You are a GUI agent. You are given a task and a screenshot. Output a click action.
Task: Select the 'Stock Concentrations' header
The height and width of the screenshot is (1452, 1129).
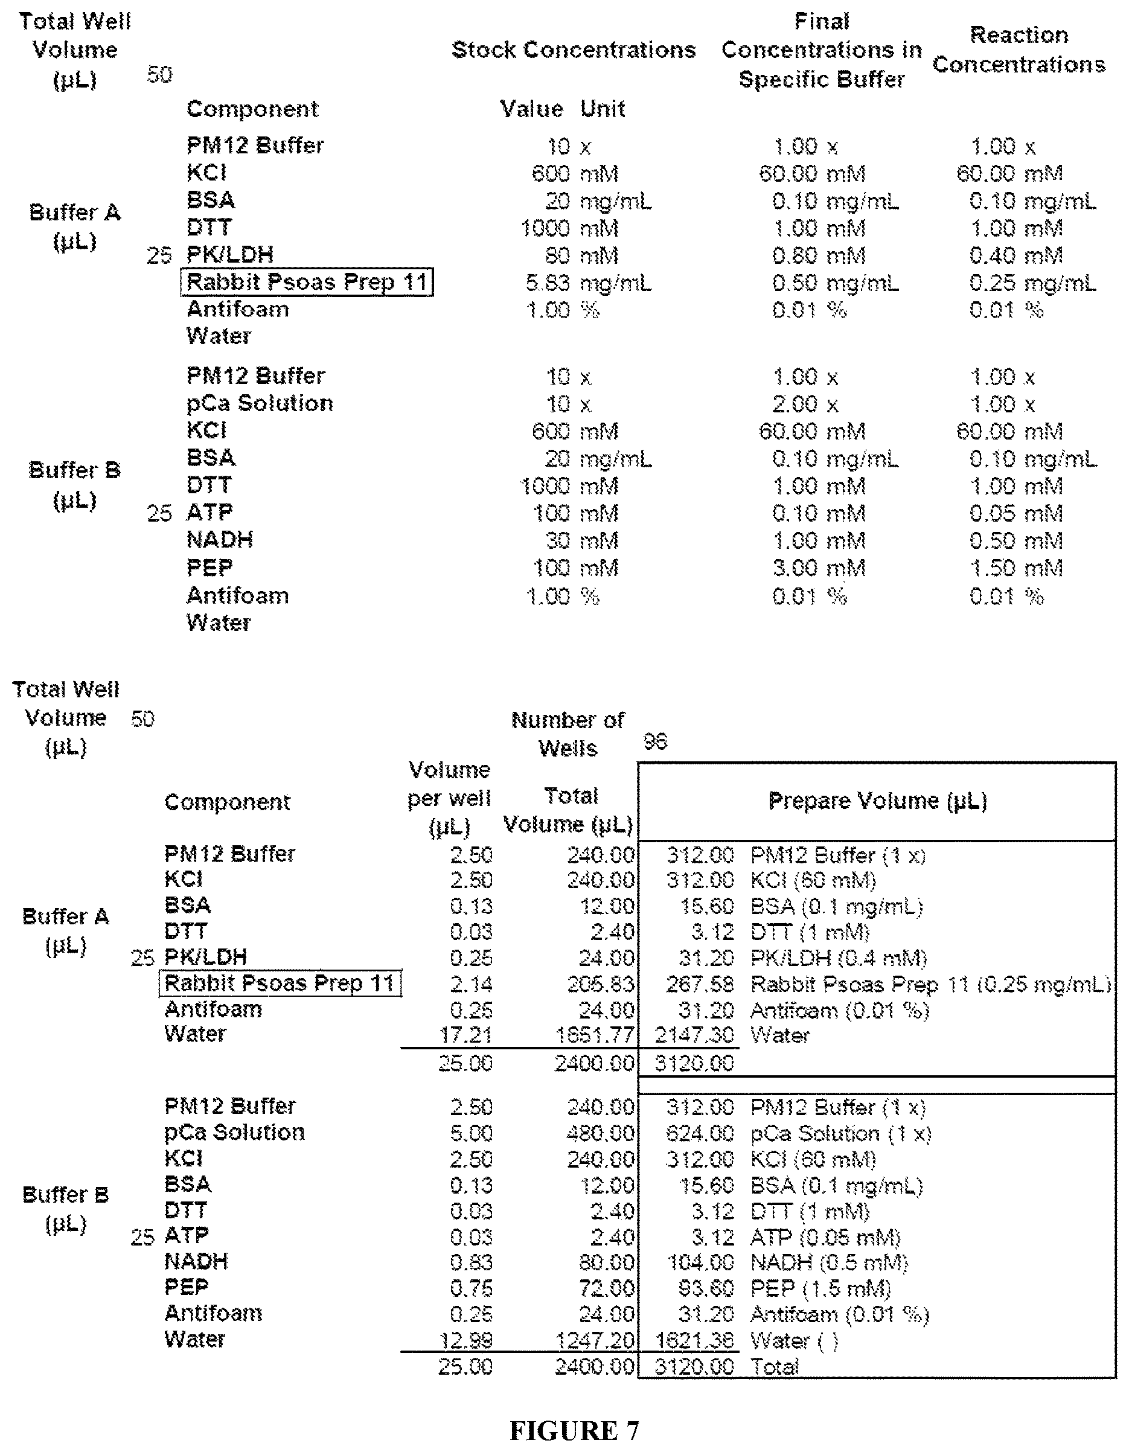pyautogui.click(x=573, y=50)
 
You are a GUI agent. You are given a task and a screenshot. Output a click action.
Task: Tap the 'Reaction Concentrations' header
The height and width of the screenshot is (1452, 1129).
pyautogui.click(x=1019, y=50)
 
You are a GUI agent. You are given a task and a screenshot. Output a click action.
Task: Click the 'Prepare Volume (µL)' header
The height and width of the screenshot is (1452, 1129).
pyautogui.click(x=877, y=801)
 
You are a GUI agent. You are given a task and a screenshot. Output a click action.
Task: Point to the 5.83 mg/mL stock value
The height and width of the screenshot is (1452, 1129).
pyautogui.click(x=588, y=283)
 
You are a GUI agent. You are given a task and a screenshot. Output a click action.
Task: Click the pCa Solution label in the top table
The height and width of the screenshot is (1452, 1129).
pyautogui.click(x=260, y=403)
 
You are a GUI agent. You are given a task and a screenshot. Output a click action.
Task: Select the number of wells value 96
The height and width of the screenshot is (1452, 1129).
pyautogui.click(x=655, y=741)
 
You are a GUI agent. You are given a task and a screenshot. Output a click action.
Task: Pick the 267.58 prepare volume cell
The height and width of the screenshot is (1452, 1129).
pyautogui.click(x=700, y=984)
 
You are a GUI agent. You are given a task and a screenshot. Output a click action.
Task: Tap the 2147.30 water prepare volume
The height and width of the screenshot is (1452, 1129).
pyautogui.click(x=694, y=1035)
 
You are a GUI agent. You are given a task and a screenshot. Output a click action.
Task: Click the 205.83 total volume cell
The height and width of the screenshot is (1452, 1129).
pyautogui.click(x=600, y=984)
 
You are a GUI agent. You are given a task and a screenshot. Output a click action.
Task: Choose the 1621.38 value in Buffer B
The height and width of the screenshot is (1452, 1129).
pyautogui.click(x=694, y=1340)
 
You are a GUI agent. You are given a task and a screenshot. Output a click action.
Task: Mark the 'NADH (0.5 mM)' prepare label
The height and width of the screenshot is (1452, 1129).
pyautogui.click(x=828, y=1262)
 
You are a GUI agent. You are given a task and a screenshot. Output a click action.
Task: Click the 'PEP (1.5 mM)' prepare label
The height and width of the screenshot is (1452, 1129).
pyautogui.click(x=820, y=1288)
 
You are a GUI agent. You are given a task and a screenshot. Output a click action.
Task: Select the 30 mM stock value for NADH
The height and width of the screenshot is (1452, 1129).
pyautogui.click(x=582, y=540)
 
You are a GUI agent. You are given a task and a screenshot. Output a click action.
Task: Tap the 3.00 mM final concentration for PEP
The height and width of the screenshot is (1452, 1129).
pyautogui.click(x=819, y=569)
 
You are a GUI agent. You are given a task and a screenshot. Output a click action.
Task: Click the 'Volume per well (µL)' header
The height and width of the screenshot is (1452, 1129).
pyautogui.click(x=449, y=798)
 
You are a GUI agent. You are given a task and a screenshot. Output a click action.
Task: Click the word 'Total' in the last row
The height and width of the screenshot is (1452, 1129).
pyautogui.click(x=774, y=1367)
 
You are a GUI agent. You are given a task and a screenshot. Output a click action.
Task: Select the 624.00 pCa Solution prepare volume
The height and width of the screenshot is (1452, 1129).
pyautogui.click(x=700, y=1133)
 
